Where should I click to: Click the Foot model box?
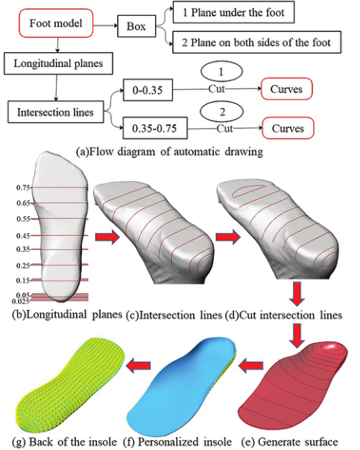[x=56, y=23]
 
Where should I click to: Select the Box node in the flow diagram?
[x=136, y=26]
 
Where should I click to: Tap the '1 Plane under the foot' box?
[x=233, y=12]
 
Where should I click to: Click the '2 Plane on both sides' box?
[x=256, y=42]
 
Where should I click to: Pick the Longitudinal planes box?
[x=58, y=63]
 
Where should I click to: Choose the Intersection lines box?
[x=55, y=112]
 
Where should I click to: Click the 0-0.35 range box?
[x=148, y=90]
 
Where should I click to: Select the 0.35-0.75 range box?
[x=155, y=128]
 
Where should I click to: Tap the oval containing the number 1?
[x=221, y=72]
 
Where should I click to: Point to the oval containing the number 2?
[x=222, y=112]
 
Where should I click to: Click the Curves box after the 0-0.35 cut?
[x=286, y=89]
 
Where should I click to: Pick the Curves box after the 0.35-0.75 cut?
[x=288, y=128]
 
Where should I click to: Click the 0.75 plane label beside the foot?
[x=23, y=188]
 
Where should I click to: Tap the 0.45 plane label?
[x=23, y=236]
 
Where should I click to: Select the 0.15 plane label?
[x=23, y=280]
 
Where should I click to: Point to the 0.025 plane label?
[x=21, y=301]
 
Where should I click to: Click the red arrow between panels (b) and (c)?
[x=107, y=237]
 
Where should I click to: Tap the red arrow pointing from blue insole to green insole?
[x=139, y=365]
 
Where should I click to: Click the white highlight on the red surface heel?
[x=331, y=346]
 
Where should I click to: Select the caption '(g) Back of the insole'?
[x=64, y=441]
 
